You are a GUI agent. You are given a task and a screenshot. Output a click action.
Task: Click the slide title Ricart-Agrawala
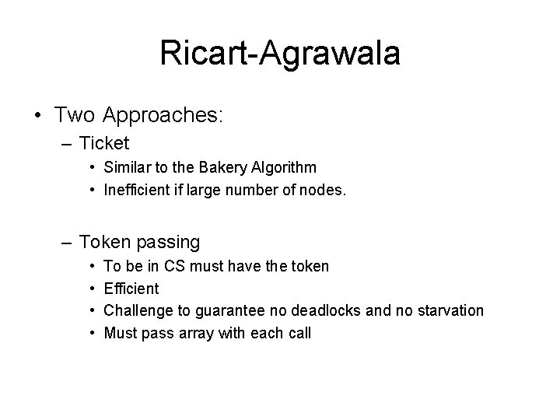coord(280,54)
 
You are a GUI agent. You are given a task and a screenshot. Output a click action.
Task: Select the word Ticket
coord(104,144)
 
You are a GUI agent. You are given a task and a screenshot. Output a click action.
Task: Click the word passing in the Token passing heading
coord(167,242)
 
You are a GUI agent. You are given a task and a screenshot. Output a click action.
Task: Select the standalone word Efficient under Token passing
coord(131,289)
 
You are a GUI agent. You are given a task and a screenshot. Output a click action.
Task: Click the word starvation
coord(446,311)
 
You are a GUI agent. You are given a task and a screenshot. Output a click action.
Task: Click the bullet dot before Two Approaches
coord(37,116)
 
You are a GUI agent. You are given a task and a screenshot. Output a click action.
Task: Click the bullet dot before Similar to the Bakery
coord(91,167)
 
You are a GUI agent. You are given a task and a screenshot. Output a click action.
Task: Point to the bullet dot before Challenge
coord(91,311)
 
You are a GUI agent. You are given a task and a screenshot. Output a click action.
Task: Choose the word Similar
coord(127,166)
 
